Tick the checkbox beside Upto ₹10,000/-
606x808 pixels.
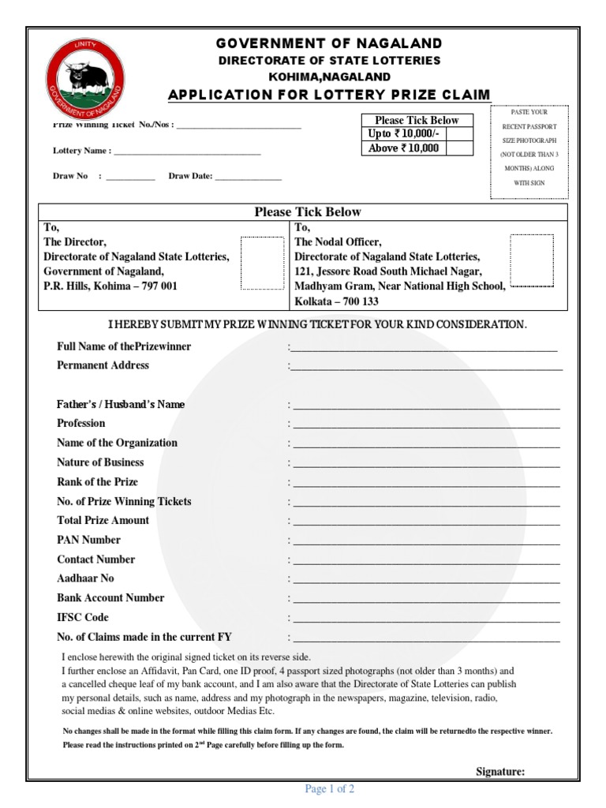459,134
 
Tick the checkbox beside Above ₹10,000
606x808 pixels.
459,148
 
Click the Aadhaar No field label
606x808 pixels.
85,578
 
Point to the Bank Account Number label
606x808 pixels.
110,598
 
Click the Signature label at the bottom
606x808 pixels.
500,772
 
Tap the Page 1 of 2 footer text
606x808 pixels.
330,789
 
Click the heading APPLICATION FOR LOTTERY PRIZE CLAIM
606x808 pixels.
329,95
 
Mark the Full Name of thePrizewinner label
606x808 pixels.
124,346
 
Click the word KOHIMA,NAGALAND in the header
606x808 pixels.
329,77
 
